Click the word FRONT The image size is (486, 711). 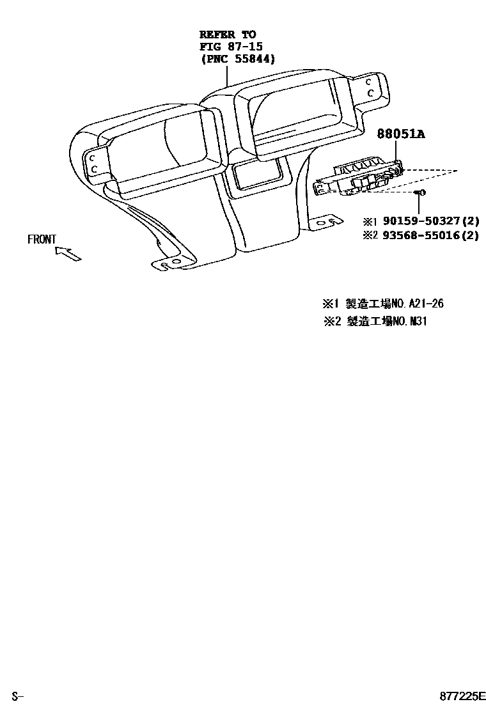coord(42,240)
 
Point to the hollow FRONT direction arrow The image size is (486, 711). coord(68,254)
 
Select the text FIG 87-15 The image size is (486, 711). coord(231,46)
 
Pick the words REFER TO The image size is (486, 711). coord(227,34)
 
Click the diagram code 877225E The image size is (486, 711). coord(462,696)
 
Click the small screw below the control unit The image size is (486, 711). coord(420,192)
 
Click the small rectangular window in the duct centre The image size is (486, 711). coord(256,174)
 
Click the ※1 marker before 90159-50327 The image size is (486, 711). coord(371,221)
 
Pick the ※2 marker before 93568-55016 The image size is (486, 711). coord(371,235)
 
